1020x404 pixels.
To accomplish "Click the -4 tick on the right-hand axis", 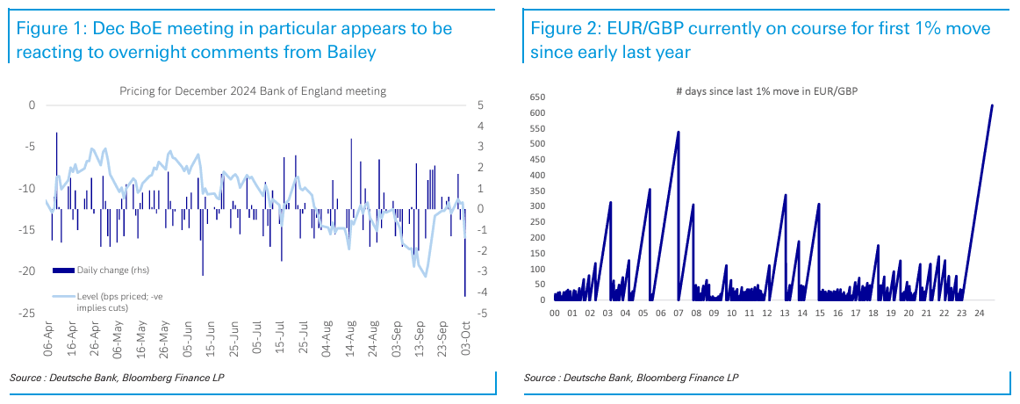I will click(x=482, y=292).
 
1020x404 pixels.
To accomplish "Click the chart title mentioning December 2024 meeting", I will click(x=253, y=91).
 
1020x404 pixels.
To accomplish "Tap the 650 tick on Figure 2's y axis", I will click(x=537, y=97).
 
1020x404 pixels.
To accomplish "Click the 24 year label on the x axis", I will click(x=981, y=312).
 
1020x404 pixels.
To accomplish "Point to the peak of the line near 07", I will click(x=679, y=133).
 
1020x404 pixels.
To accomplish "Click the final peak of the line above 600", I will click(x=992, y=105).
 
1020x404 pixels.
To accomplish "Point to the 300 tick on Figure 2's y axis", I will click(x=537, y=206).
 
